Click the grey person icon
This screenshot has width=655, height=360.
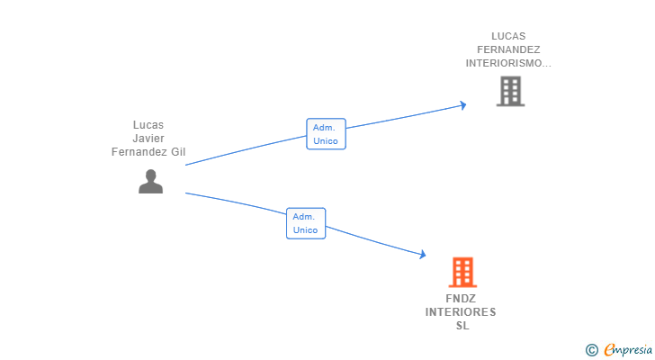[151, 181]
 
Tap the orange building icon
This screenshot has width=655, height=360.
[462, 272]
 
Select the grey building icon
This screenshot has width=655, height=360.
[510, 91]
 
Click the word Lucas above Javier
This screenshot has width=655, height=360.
[148, 125]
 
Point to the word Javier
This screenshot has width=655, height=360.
[148, 139]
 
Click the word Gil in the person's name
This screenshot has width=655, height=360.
[178, 151]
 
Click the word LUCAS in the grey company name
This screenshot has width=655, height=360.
[508, 36]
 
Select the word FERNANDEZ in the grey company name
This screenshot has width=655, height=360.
[508, 49]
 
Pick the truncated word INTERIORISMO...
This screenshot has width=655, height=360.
[508, 63]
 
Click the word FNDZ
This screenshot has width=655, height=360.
[461, 299]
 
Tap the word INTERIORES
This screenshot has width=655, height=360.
[461, 312]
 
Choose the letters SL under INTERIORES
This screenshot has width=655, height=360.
[462, 325]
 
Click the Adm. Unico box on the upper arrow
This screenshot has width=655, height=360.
[326, 133]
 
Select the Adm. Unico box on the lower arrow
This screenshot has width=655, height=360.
[306, 223]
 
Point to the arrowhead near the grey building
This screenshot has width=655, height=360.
[462, 105]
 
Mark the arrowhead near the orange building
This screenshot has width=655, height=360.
[423, 254]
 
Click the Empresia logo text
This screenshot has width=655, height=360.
[628, 350]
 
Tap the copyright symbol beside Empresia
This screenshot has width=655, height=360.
[591, 350]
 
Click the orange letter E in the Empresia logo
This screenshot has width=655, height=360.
[609, 350]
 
